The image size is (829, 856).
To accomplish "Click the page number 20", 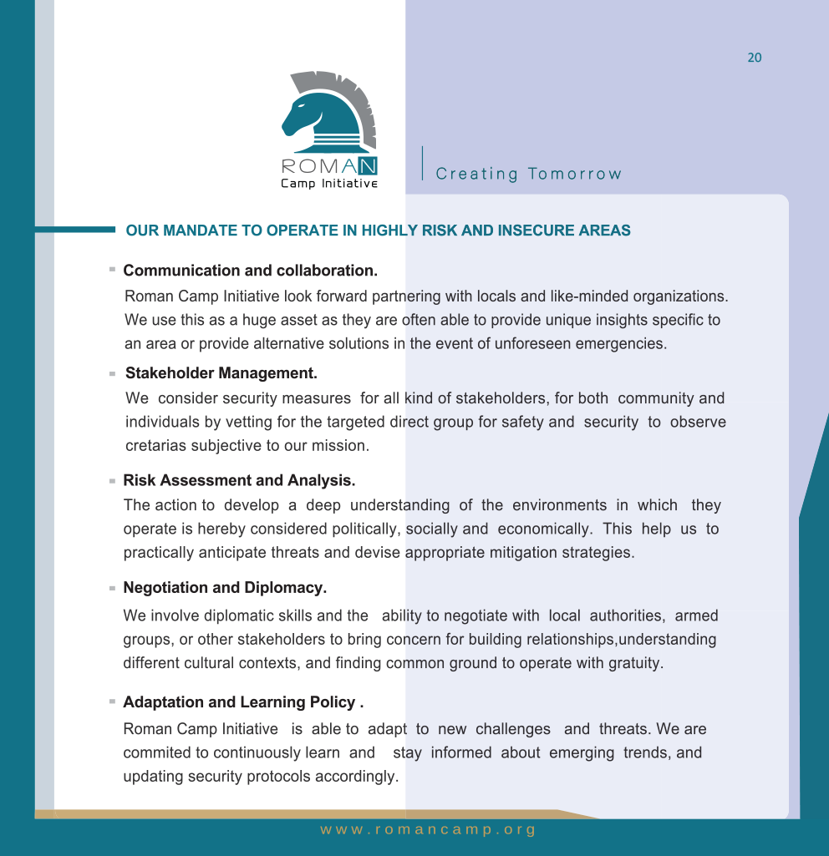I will point(754,58).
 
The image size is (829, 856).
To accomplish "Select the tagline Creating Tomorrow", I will point(529,174).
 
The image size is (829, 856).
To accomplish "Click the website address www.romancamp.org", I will point(428,830).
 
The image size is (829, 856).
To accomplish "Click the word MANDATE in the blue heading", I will point(201,230).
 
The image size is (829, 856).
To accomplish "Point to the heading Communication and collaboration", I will point(250,271).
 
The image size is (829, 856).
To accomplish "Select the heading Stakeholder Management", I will point(221,372).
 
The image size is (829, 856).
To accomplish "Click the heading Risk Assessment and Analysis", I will point(239,480).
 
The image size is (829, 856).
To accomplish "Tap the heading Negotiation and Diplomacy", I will point(224,588).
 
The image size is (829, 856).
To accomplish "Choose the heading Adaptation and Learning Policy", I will point(242,702).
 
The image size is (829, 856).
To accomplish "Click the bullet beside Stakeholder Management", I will point(111,373).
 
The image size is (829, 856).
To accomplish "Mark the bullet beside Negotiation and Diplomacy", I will point(111,589).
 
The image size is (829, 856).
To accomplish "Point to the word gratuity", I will point(635,664).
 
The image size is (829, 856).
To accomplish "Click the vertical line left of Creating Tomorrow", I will point(423,163).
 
